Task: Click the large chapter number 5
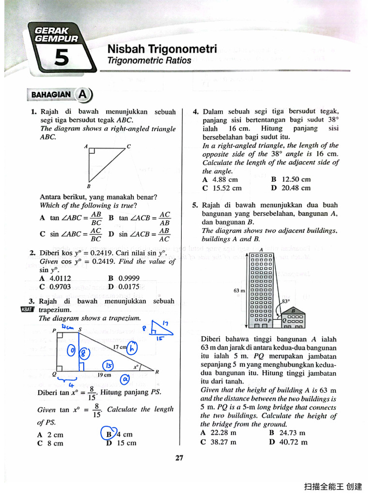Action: (x=62, y=58)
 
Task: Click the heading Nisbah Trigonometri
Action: (x=162, y=49)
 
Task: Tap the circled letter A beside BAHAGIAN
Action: (x=83, y=94)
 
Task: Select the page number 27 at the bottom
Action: (x=179, y=457)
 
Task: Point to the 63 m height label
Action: (x=239, y=291)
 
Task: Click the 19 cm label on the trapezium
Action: (x=104, y=375)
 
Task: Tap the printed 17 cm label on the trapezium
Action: (x=120, y=347)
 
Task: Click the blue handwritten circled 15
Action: (x=108, y=365)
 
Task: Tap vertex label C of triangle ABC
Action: (x=129, y=146)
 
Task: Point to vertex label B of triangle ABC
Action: (x=88, y=186)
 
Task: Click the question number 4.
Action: (x=196, y=112)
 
